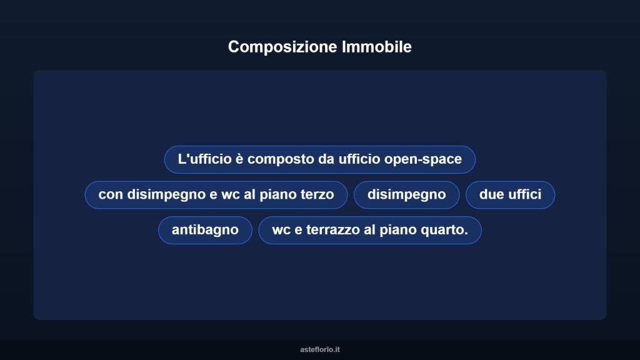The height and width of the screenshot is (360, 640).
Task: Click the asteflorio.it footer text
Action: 319,349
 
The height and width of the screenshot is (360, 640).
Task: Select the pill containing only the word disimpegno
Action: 406,194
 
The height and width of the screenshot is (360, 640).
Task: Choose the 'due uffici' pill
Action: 510,194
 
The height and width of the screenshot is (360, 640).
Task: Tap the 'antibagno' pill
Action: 205,229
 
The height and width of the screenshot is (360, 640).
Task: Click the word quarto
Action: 445,229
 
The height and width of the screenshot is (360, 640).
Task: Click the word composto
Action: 281,159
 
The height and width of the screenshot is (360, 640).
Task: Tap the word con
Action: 111,194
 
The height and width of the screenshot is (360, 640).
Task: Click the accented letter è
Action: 239,159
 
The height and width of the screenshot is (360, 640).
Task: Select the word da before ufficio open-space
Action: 326,159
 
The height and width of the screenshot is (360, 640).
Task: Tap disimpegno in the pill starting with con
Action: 166,194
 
